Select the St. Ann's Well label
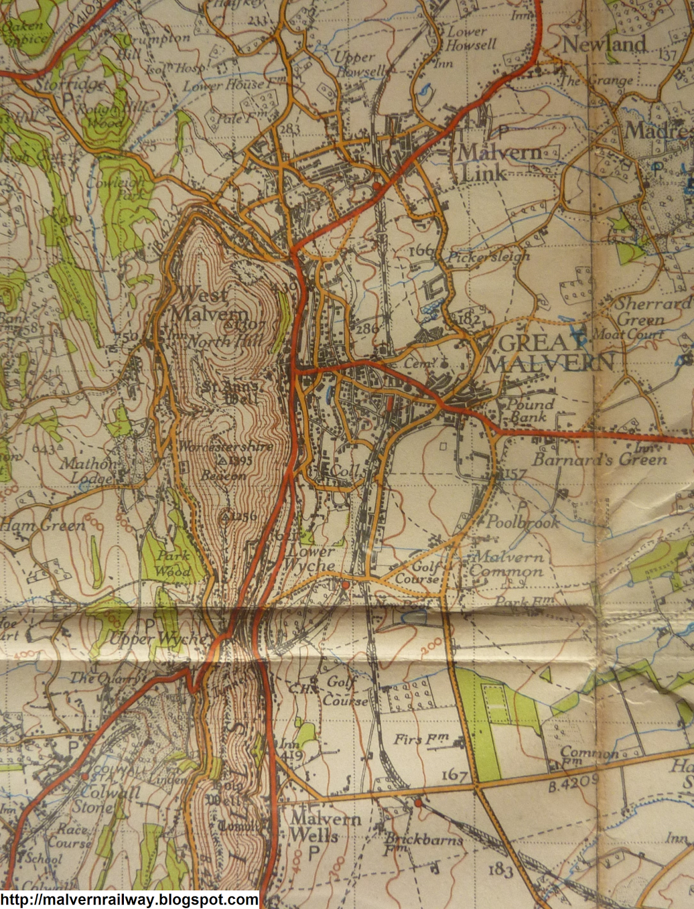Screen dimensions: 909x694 tap(232, 392)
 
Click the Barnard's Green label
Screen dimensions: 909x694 tap(599, 459)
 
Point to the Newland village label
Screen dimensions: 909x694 tap(604, 44)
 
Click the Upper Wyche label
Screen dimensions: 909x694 tap(158, 639)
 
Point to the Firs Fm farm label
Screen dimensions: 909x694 tap(421, 739)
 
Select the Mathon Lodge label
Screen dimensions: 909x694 tap(90, 470)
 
